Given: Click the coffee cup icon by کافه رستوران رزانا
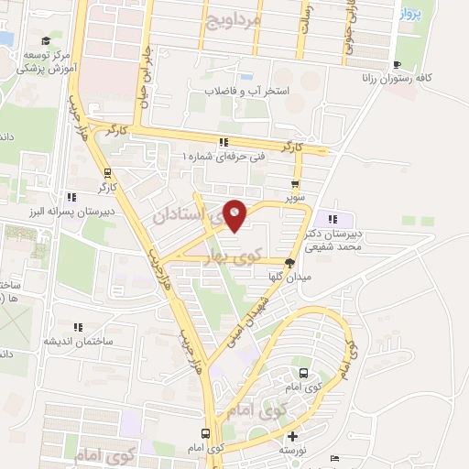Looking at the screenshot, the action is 397,64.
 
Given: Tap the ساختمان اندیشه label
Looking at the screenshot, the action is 79,340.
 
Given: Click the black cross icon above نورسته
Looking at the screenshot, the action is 293,438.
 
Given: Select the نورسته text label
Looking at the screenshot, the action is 294,452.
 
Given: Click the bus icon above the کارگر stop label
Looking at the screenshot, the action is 108,173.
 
